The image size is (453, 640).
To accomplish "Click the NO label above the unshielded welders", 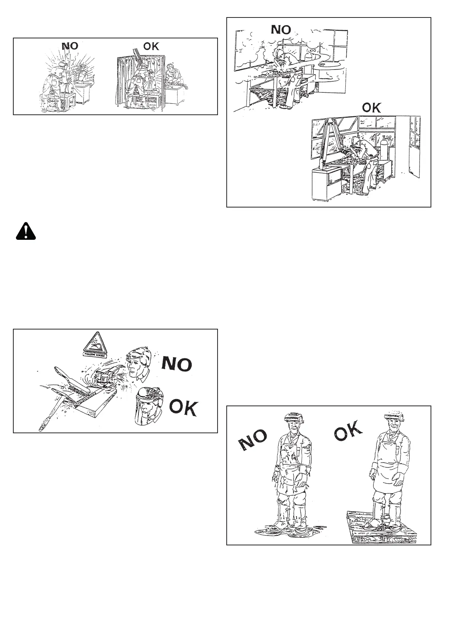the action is tap(70, 46).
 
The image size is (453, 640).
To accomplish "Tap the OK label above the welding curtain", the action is tap(151, 46).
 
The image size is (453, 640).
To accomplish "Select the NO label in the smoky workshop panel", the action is tap(280, 29).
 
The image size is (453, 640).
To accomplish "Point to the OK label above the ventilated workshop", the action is tap(371, 108).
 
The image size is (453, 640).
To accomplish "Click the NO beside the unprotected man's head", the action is tap(177, 364).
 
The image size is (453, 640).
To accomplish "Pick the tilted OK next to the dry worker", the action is tap(348, 431).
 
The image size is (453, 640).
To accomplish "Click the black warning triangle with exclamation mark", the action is tap(25, 231).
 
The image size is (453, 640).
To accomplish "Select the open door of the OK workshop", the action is tap(414, 148).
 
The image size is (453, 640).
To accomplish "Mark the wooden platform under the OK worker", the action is tap(382, 528).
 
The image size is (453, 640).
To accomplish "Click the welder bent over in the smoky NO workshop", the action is tap(286, 68).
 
